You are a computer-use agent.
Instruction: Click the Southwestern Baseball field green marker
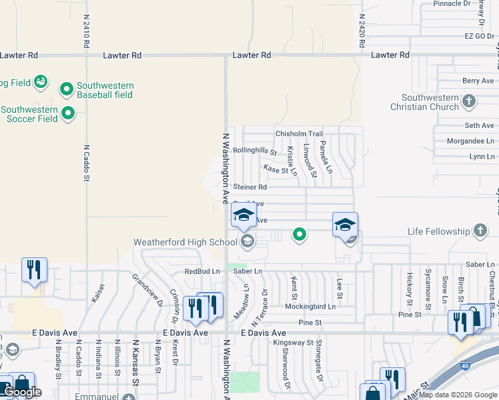pos(67,89)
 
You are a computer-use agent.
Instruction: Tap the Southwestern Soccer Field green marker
pos(68,114)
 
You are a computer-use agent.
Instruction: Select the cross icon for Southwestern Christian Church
pos(469,101)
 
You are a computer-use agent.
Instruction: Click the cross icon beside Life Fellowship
pos(480,231)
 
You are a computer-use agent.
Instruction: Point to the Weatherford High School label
pos(185,242)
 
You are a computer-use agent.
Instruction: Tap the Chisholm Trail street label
pos(299,134)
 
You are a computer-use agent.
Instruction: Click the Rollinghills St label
pos(254,151)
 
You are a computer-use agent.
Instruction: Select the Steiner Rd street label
pos(249,187)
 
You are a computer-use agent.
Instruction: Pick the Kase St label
pos(276,169)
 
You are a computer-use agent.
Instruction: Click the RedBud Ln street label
pos(202,271)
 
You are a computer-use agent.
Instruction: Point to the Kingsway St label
pos(294,343)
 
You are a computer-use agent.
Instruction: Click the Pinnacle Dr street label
pos(452,4)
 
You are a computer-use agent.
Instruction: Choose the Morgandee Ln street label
pos(471,141)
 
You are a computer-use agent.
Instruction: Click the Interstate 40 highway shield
pos(465,366)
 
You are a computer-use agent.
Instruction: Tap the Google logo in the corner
pos(22,392)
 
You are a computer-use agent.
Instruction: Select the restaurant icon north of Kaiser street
pos(34,269)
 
